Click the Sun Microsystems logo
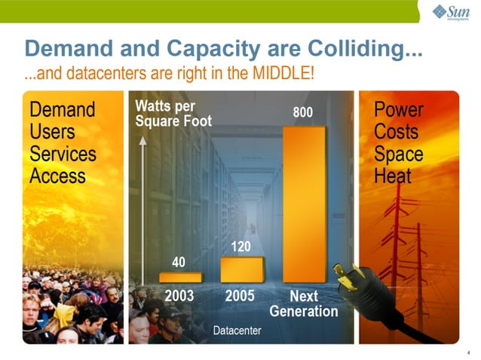(451, 12)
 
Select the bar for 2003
(180, 277)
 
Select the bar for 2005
(241, 269)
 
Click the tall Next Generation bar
(304, 203)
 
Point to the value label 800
(302, 112)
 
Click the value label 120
(240, 246)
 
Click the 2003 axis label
(179, 296)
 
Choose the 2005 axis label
(240, 296)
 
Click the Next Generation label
(304, 304)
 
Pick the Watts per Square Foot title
(173, 114)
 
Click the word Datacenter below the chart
(237, 330)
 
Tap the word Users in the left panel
(53, 132)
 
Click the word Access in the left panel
(57, 176)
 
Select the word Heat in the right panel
(393, 176)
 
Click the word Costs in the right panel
(395, 132)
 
